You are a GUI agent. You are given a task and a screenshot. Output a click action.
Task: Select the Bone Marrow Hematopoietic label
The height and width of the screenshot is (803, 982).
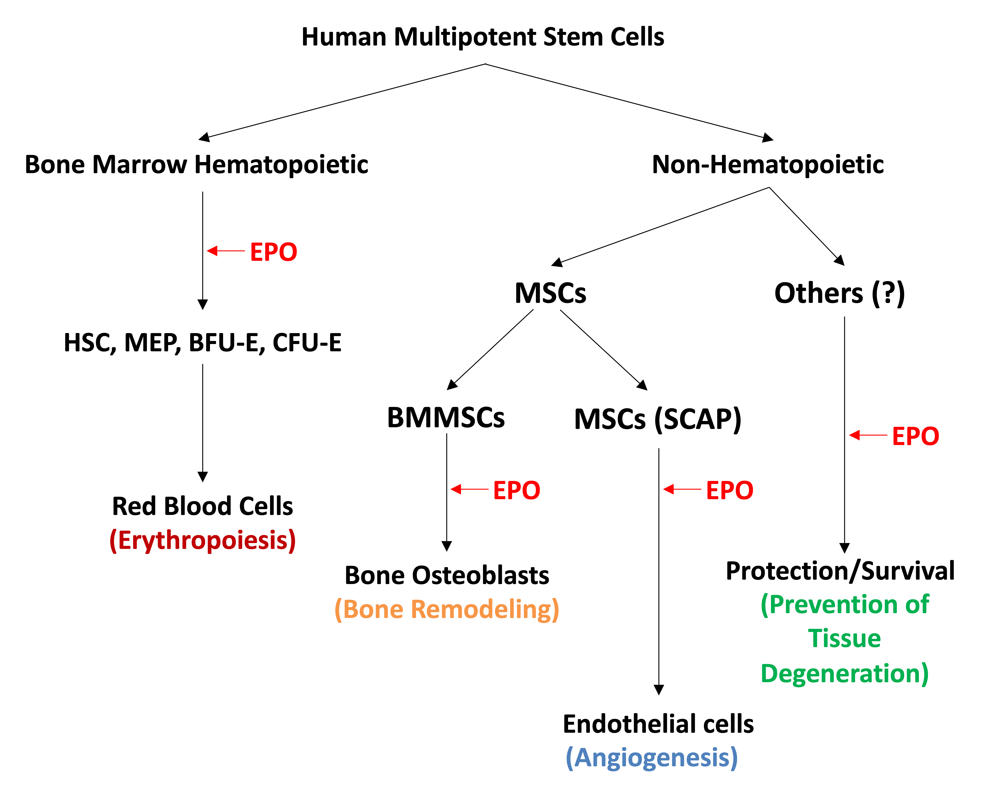click(196, 165)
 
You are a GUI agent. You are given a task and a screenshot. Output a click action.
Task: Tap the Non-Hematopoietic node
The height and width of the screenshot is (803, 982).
click(768, 165)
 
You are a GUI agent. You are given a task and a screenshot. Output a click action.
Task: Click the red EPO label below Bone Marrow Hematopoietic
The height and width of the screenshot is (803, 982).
click(273, 252)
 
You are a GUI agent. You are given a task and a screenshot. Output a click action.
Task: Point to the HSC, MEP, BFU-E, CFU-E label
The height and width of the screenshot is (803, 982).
click(202, 343)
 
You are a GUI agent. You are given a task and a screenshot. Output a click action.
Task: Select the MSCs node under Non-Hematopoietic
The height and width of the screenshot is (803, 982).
click(550, 293)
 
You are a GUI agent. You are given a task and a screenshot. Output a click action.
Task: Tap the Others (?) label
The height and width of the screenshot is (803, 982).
click(839, 293)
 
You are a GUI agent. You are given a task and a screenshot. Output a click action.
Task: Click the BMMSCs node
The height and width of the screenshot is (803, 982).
click(445, 418)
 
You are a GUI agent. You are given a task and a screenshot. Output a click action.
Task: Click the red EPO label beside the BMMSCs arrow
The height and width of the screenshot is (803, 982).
click(516, 490)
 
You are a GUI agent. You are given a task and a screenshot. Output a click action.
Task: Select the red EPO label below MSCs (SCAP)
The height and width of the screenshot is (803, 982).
click(729, 490)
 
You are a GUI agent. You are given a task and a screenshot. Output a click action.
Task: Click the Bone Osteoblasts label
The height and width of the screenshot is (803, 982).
click(447, 575)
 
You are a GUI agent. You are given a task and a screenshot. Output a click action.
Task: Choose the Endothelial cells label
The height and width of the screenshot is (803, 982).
click(658, 724)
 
